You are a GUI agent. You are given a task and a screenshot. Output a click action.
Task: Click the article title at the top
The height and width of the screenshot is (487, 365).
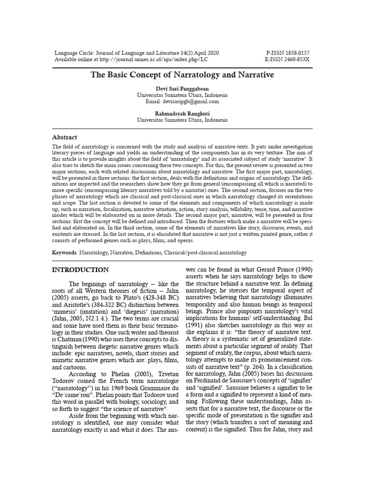(x=182, y=75)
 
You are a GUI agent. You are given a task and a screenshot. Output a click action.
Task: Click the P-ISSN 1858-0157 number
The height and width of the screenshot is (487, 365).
(x=289, y=53)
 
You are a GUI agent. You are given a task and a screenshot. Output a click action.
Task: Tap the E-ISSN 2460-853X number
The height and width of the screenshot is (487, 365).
(x=289, y=59)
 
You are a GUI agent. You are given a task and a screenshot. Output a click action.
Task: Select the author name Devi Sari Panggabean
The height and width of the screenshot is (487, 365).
(x=182, y=89)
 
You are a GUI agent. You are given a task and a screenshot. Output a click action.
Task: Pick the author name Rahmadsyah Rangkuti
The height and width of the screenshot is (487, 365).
(x=182, y=114)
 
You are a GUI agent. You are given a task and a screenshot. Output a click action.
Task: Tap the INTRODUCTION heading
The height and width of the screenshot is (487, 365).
(x=80, y=270)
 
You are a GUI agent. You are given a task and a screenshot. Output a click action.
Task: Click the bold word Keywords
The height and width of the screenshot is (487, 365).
(x=65, y=252)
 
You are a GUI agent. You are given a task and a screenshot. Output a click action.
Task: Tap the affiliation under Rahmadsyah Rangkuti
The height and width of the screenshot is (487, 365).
(x=182, y=120)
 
